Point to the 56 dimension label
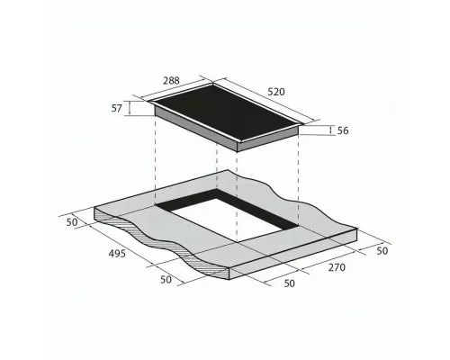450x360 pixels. pos(342,130)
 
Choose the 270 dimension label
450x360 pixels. pos(336,267)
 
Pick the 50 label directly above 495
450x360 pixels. pos(73,220)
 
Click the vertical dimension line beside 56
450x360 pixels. pos(329,130)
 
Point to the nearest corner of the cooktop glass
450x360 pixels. pos(237,141)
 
